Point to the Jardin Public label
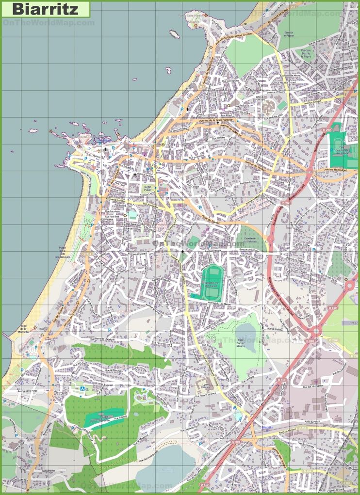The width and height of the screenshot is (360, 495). point(148,189)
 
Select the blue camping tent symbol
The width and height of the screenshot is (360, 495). point(82,389)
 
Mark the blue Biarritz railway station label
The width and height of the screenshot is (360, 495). point(267,428)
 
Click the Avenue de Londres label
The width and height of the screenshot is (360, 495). point(115,199)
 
